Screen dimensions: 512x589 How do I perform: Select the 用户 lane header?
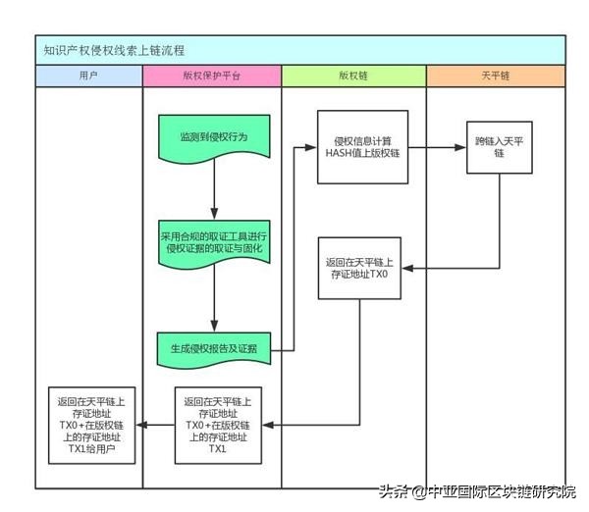87,76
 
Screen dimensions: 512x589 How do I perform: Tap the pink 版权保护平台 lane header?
211,76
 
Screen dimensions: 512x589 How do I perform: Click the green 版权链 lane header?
353,76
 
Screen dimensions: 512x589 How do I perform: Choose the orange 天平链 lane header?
496,76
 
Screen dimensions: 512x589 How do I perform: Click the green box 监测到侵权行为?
213,137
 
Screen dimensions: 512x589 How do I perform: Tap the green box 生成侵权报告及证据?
213,348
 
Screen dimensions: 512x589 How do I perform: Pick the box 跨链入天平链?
499,147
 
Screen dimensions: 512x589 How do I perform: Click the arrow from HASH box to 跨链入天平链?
437,148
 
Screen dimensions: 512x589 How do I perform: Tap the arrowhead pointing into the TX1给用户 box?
141,425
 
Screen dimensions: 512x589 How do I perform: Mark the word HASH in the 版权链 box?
341,152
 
